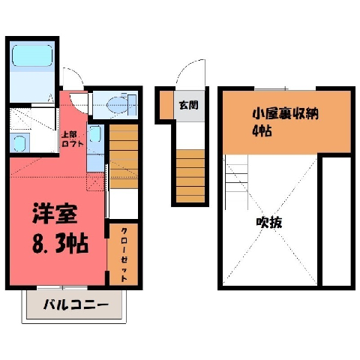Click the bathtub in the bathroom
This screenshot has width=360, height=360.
tap(32, 55)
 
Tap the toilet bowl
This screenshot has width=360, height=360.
tap(118, 105)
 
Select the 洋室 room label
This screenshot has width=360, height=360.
tap(55, 214)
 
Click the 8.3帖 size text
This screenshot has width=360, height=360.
tap(60, 244)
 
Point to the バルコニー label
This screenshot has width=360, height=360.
tap(76, 305)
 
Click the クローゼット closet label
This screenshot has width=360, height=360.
tap(124, 254)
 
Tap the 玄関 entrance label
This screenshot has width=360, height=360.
tap(189, 105)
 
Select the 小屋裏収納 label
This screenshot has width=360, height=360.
tap(285, 114)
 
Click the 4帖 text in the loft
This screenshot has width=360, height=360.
tap(262, 130)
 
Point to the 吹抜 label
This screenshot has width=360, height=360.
tap(269, 222)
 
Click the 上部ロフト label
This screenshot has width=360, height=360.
tap(73, 139)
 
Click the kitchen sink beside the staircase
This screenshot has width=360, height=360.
tap(95, 134)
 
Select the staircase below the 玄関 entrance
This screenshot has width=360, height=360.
tap(190, 176)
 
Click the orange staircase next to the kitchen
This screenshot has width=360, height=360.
tap(124, 156)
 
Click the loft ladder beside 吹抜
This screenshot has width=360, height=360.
tap(236, 182)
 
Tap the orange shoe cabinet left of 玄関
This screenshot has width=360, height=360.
tap(166, 105)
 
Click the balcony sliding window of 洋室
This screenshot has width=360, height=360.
tap(62, 288)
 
